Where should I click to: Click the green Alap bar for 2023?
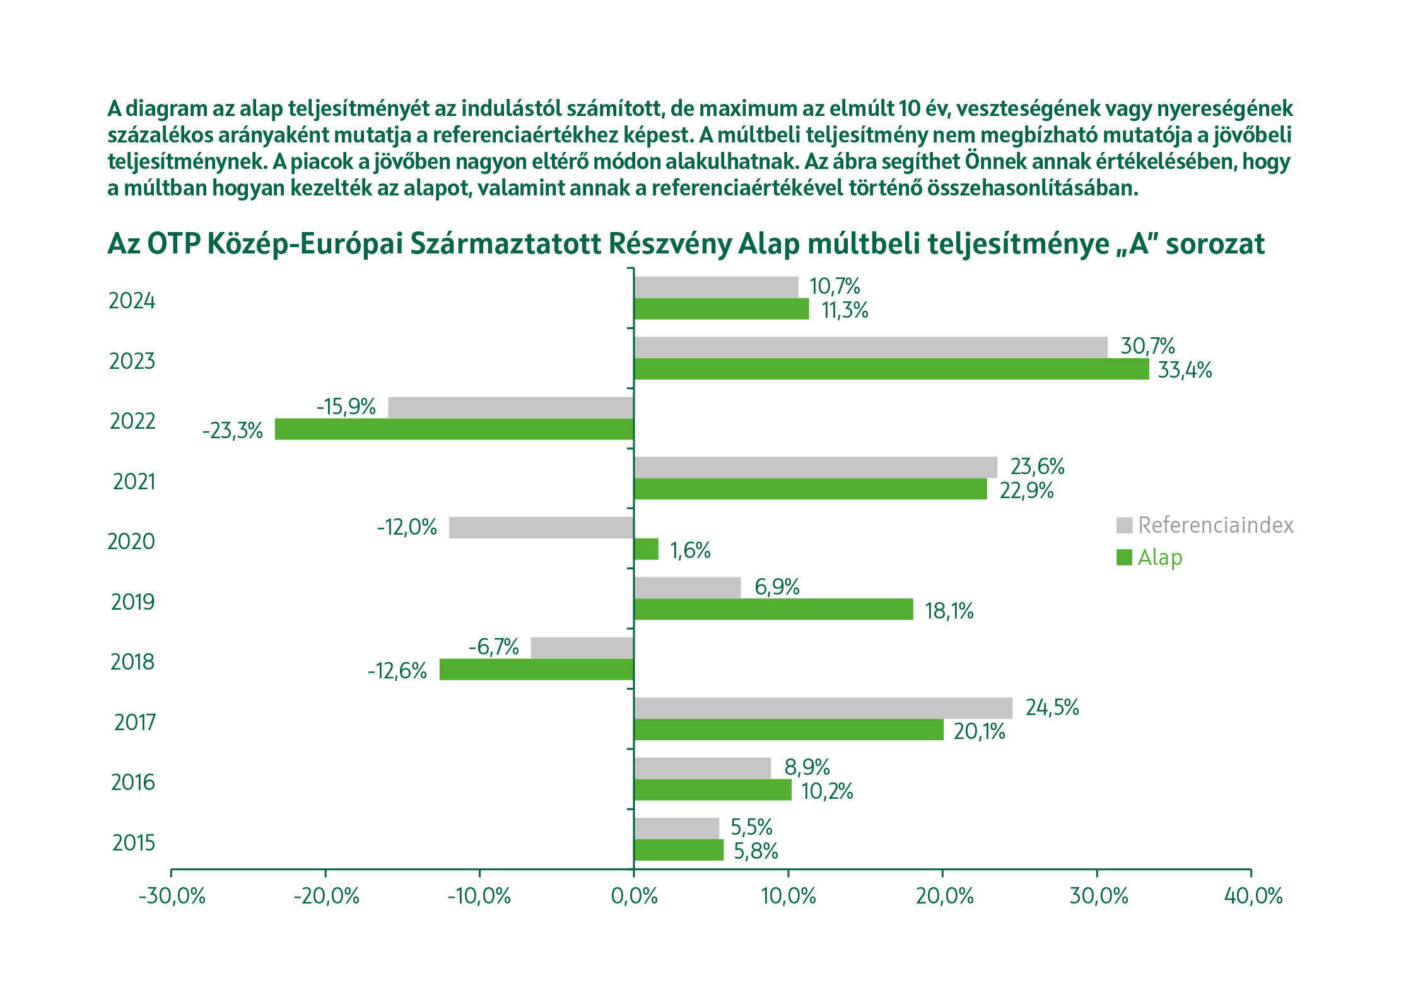(x=891, y=369)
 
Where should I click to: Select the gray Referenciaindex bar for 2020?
(x=541, y=527)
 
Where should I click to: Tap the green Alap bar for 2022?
(x=454, y=429)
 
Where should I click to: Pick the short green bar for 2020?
(x=646, y=549)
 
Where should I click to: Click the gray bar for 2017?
(x=823, y=708)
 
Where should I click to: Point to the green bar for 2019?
(x=773, y=609)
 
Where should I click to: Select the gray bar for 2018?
(x=582, y=648)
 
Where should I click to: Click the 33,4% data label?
(x=1185, y=370)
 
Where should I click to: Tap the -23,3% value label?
(x=232, y=431)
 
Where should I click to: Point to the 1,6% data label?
(x=690, y=551)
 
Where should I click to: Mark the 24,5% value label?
(x=1052, y=708)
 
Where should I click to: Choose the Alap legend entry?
(x=1159, y=557)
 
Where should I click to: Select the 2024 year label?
(x=132, y=301)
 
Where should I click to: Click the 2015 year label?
(x=134, y=843)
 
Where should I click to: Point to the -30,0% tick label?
(x=172, y=896)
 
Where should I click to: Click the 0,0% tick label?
(x=634, y=896)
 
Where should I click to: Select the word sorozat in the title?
(x=1215, y=244)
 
